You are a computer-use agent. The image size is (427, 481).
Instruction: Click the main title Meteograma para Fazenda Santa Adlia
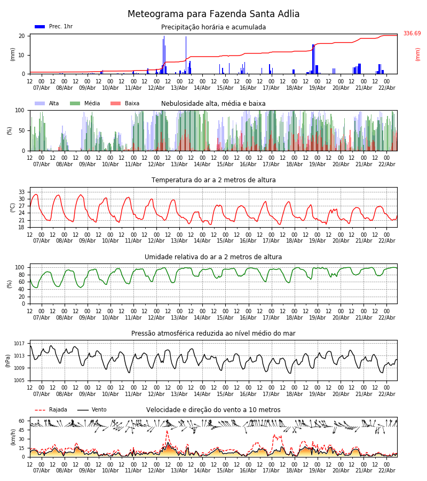(213, 14)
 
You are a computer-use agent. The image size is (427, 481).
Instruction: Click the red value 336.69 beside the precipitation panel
(412, 34)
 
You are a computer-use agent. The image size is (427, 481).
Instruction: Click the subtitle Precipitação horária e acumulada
(213, 27)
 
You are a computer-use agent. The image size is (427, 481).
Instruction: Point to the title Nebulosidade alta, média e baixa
(213, 104)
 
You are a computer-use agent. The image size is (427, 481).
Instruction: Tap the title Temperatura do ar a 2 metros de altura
(213, 180)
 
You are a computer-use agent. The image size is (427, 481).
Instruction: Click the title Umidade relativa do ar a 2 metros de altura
(213, 257)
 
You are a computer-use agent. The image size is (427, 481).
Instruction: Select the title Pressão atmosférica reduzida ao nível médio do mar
(213, 333)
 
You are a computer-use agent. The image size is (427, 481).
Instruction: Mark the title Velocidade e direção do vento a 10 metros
(213, 410)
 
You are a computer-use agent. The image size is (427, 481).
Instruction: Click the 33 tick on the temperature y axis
(22, 192)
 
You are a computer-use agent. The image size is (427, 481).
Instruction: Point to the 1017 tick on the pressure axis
(20, 344)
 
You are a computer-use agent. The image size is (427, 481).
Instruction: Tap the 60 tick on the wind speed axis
(22, 421)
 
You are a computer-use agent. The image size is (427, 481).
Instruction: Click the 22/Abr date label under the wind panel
(386, 470)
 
